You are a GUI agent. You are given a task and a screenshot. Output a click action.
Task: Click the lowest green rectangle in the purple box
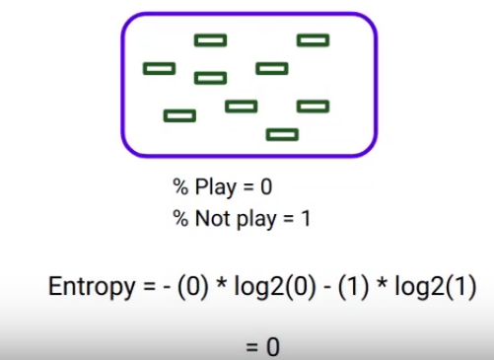tap(282, 134)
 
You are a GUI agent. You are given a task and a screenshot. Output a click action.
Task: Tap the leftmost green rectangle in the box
tap(159, 68)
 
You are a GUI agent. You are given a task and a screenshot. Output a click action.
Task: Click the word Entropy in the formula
tap(88, 288)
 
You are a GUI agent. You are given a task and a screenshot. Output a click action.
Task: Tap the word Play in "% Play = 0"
tap(214, 186)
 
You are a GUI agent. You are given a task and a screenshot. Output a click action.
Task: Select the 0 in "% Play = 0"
tap(266, 186)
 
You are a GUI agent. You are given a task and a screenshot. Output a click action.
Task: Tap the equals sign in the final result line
tap(251, 346)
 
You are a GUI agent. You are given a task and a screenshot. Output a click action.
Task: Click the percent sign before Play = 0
tap(181, 186)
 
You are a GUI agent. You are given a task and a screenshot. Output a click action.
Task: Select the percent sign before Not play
tap(181, 217)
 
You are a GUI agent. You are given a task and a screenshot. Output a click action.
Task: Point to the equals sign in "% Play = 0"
tap(247, 186)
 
